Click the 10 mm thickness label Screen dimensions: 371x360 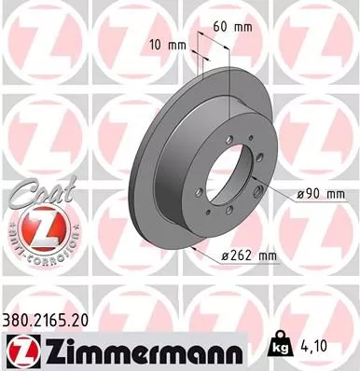pyautogui.click(x=165, y=45)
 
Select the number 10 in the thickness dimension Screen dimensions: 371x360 pyautogui.click(x=156, y=45)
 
